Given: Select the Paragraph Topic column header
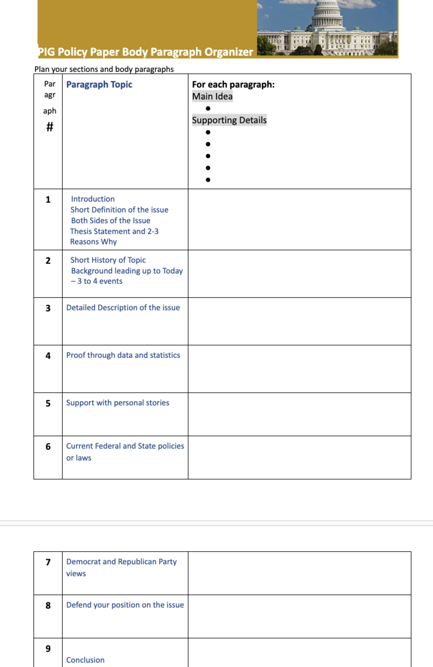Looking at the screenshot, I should click(99, 84).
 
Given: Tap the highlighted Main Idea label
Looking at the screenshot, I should click(212, 96).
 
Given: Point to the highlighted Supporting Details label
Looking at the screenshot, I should click(229, 120).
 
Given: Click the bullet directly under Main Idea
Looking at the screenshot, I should click(208, 108).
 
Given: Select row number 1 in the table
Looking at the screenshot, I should click(48, 199).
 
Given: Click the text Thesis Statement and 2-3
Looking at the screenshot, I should click(114, 231).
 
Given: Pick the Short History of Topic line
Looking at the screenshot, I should click(108, 260).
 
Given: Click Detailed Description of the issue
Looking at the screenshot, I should click(123, 307).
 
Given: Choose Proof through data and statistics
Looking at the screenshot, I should click(123, 355).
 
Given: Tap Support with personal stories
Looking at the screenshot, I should click(117, 403).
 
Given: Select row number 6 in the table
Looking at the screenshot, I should click(48, 447).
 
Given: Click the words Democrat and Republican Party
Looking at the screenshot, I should click(121, 561).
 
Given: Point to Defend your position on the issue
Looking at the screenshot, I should click(125, 605).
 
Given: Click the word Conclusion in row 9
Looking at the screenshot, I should click(85, 660).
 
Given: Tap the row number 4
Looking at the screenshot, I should click(48, 356).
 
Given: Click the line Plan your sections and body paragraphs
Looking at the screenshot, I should click(104, 69).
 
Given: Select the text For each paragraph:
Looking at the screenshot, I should click(233, 84).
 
